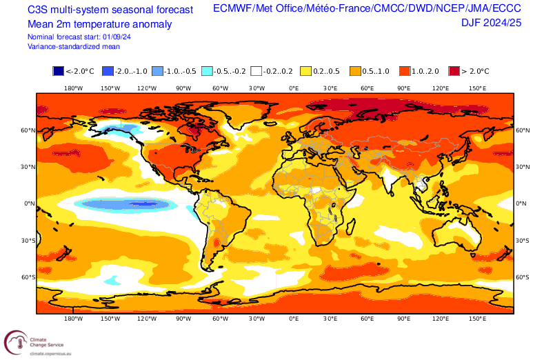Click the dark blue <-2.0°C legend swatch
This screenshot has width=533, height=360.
click(x=59, y=70)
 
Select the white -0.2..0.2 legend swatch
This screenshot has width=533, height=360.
click(x=257, y=70)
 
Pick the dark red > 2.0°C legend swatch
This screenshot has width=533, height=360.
click(x=454, y=70)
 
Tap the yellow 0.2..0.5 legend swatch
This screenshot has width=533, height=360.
click(x=305, y=70)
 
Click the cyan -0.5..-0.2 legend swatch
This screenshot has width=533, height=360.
click(x=207, y=70)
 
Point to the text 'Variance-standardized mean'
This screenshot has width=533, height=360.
click(x=74, y=46)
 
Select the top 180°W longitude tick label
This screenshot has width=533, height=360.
click(x=74, y=88)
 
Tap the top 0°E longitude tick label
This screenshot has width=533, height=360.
click(x=293, y=88)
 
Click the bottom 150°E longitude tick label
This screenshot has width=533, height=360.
click(x=477, y=319)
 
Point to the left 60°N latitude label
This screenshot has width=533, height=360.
click(x=28, y=130)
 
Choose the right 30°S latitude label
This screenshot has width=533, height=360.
click(x=523, y=240)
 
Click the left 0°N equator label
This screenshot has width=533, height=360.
click(x=29, y=203)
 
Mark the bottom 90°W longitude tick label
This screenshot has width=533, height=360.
click(x=183, y=319)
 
